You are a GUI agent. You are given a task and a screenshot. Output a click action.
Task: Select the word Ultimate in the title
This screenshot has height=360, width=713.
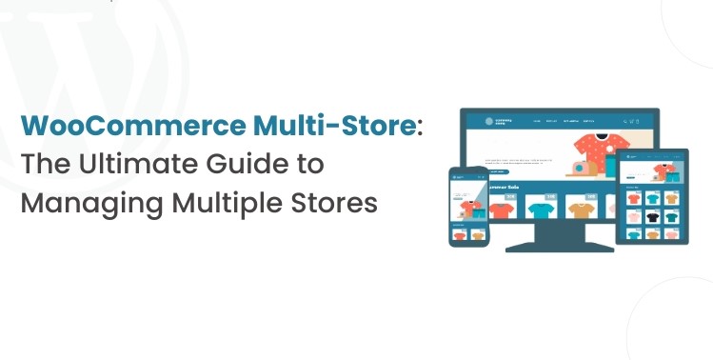point(125,164)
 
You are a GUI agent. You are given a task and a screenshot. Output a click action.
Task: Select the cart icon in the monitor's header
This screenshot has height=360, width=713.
point(633,122)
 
